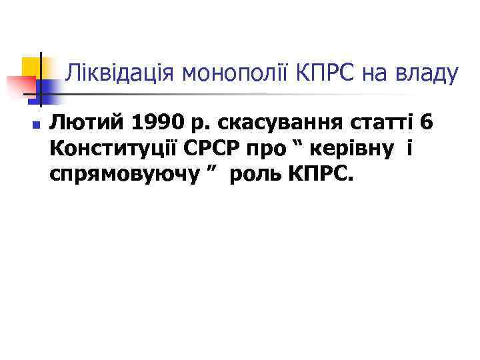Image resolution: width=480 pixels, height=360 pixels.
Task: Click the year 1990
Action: click(153, 123)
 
